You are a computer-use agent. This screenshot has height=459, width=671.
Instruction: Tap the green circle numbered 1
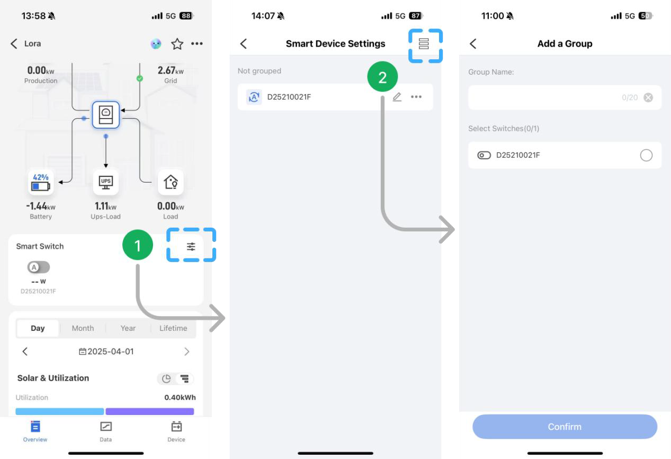point(138,246)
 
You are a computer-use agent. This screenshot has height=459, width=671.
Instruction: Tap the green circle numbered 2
point(382,78)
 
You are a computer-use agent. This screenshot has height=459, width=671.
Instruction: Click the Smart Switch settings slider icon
point(191,246)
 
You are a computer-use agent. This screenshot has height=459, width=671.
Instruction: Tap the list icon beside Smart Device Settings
point(424,44)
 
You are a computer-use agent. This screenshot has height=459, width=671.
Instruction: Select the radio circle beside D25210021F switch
point(646,155)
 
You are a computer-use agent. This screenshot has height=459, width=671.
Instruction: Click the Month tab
point(83,328)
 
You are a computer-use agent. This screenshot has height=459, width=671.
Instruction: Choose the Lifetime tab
point(173,328)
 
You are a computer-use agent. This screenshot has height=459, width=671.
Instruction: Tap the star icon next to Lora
point(176,44)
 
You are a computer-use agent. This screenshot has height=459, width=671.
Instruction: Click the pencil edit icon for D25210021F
point(397,97)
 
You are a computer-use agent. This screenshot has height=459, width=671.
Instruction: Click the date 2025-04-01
point(106,352)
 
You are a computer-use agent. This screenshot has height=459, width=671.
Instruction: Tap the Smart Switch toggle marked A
point(38,267)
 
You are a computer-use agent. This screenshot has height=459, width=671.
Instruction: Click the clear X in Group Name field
point(648,97)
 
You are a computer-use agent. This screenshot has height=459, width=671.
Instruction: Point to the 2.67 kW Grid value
point(171,71)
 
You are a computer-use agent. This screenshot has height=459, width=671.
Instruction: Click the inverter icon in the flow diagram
point(106,114)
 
